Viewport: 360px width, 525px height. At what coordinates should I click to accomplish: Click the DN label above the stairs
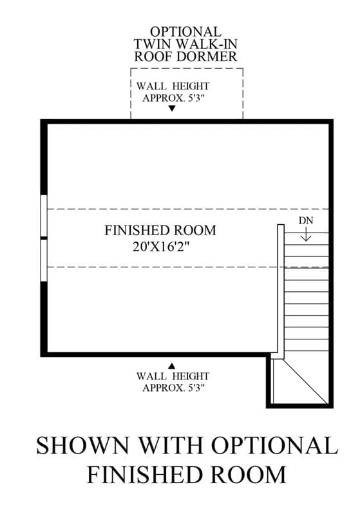306,221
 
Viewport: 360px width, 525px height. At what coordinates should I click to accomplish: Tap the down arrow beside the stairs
306,234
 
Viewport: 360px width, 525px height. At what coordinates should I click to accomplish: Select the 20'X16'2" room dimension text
161,247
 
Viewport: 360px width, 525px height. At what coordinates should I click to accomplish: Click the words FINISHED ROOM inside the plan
160,231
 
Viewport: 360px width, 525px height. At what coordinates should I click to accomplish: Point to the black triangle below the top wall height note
172,108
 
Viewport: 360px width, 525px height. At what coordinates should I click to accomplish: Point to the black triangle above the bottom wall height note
172,366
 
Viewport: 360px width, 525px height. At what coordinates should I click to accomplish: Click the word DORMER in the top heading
207,57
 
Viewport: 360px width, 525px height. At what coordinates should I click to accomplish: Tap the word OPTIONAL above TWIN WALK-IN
185,32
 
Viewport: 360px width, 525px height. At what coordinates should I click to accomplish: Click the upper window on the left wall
44,216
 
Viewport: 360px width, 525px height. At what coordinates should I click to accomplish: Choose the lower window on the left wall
44,260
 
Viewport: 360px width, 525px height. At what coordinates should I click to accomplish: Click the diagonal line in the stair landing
305,381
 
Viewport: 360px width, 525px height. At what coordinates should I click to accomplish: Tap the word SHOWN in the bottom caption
82,446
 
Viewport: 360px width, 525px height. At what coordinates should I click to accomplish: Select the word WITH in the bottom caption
170,446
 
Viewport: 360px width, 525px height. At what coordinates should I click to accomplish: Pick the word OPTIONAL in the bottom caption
274,446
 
